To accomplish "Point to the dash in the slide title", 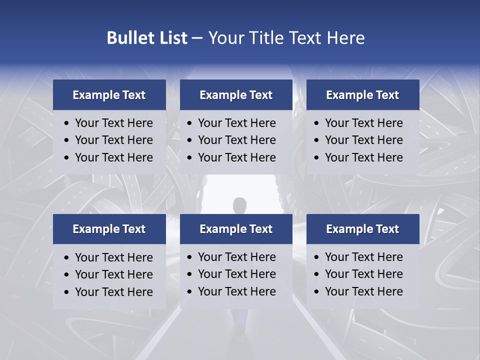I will tap(197, 38).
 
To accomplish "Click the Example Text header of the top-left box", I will tap(109, 95).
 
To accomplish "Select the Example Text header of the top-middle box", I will tap(236, 95).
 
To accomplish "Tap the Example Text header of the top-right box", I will tap(362, 95).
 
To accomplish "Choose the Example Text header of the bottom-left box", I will tap(109, 229).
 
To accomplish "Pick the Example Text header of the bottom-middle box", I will tap(236, 229).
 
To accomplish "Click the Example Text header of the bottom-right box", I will tap(362, 229).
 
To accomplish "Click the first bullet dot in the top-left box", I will tap(67, 123).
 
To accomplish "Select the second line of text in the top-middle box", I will tap(236, 140).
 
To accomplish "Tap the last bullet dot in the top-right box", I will tap(317, 158).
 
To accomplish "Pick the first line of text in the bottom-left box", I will tap(113, 257).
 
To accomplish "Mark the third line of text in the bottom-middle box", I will tap(236, 291).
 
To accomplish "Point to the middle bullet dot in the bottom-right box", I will tap(317, 274).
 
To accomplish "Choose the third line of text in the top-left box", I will tap(113, 157).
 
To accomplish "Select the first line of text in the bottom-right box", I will tap(363, 257).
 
